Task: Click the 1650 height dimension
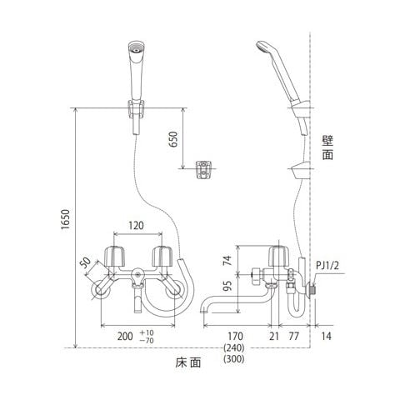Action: [x=66, y=219]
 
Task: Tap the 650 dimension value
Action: [x=173, y=139]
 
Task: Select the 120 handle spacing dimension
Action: [x=136, y=226]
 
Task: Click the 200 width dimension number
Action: [x=125, y=337]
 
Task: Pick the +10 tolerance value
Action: [x=147, y=332]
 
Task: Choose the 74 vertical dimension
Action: [x=227, y=260]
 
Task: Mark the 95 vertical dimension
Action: [x=227, y=287]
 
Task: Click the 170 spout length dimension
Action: [x=235, y=336]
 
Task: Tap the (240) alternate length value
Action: [x=234, y=347]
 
